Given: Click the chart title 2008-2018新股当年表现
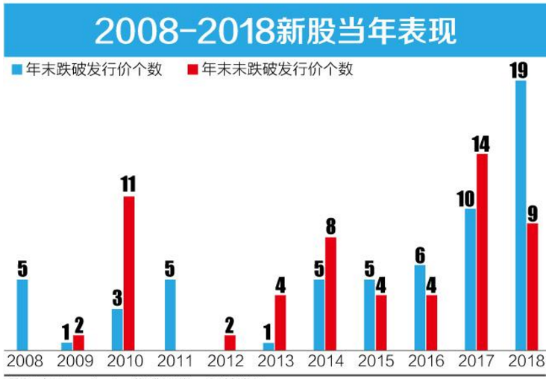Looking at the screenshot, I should point(274,31).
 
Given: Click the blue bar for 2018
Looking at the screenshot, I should point(521,216).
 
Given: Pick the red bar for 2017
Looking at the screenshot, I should point(482,252).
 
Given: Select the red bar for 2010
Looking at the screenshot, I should point(129,273).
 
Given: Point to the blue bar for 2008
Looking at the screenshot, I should point(22,314).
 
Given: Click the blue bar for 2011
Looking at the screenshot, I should point(170,314).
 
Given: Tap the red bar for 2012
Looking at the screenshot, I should point(230,343).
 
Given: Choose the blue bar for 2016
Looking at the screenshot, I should point(420,308).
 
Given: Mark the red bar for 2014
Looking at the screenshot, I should point(330,293).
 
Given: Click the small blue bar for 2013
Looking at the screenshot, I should point(269,346).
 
